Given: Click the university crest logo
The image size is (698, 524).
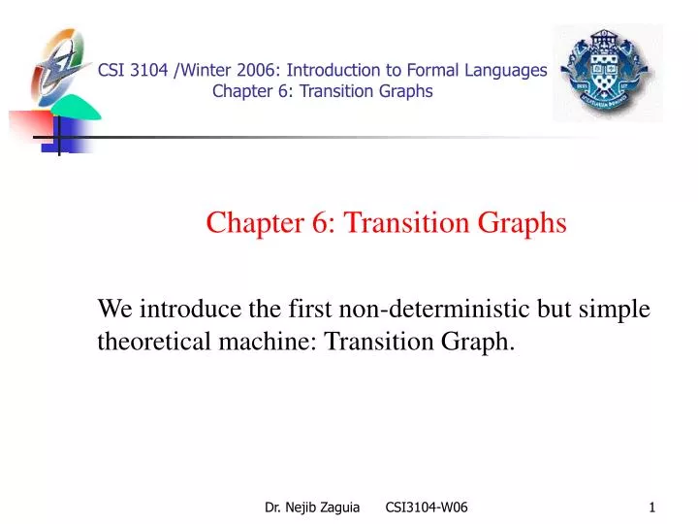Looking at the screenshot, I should [x=608, y=73].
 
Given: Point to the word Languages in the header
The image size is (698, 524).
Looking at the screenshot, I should [x=506, y=70].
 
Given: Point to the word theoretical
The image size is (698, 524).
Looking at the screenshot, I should [x=149, y=342].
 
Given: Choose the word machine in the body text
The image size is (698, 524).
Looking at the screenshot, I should [x=256, y=342].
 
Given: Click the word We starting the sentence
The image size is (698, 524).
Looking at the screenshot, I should [x=115, y=310].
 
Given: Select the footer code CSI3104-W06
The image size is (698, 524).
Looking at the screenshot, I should [x=427, y=507].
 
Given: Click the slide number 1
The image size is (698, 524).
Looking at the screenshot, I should [x=652, y=507].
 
